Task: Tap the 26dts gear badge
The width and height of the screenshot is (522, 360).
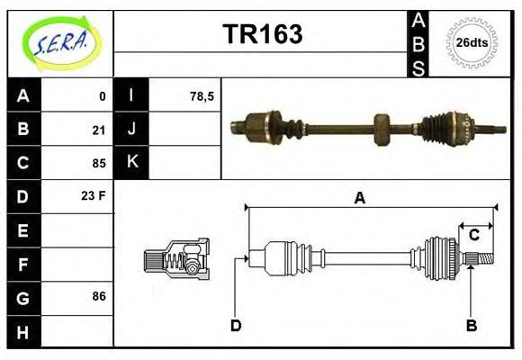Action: point(472,42)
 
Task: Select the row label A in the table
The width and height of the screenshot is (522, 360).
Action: point(23,95)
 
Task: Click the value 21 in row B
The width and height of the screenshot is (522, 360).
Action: point(99,130)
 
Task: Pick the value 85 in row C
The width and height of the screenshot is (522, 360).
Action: point(99,164)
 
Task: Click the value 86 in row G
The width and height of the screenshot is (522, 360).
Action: point(99,296)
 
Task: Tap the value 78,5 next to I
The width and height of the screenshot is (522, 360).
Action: point(202,95)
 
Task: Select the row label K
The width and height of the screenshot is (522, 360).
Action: point(132,163)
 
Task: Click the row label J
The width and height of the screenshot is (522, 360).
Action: point(132,130)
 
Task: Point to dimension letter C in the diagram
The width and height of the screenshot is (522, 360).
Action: point(473,236)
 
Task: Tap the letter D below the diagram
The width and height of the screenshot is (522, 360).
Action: point(236,325)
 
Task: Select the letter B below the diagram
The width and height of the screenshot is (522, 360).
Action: point(471,325)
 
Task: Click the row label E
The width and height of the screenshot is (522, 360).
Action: point(23,230)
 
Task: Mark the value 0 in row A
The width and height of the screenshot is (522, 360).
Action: point(102,95)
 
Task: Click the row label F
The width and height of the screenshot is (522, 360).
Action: point(23,264)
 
